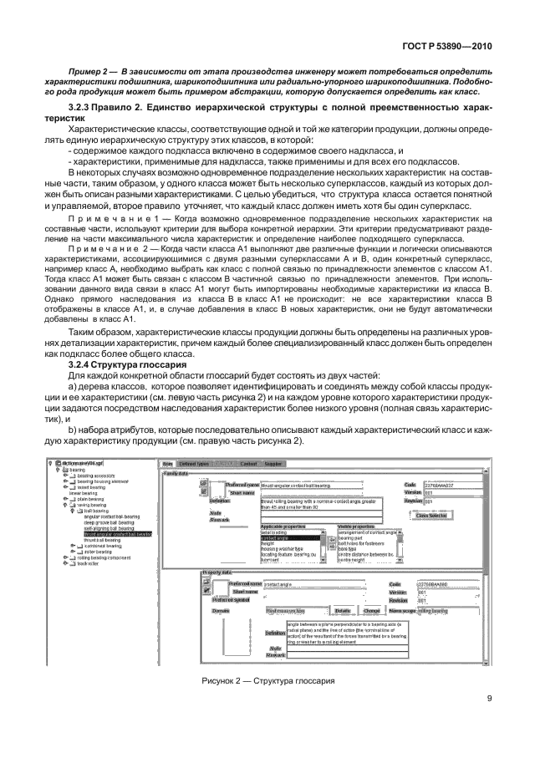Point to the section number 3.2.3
click(x=81, y=109)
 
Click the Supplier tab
click(x=273, y=462)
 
